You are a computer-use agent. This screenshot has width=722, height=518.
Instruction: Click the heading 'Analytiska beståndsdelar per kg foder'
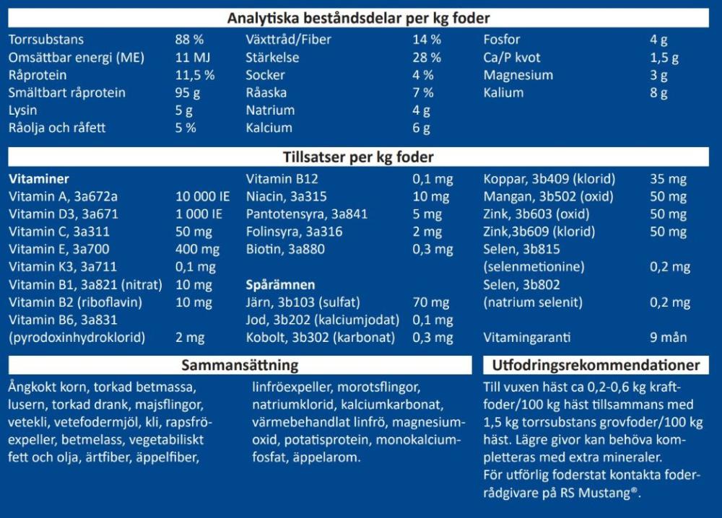[359, 18]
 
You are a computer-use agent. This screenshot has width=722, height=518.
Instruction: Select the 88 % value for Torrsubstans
[190, 40]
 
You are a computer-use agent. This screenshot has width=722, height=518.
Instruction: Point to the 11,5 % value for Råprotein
[195, 75]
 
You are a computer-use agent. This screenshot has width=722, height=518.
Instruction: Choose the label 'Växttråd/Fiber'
[289, 40]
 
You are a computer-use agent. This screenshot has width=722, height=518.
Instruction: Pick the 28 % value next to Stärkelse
[427, 58]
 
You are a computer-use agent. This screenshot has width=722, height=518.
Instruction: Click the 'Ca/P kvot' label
[512, 58]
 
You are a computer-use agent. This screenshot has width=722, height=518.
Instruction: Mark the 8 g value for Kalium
[658, 92]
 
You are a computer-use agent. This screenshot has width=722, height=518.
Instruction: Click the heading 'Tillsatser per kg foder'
[359, 157]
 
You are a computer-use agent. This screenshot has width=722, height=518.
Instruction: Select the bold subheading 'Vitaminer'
[38, 179]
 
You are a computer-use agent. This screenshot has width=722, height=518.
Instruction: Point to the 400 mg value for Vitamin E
[198, 249]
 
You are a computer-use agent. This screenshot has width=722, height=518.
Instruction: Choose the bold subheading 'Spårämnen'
[281, 285]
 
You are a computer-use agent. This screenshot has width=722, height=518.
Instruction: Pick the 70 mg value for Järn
[430, 302]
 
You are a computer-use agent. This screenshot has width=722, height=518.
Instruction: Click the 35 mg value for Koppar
[669, 179]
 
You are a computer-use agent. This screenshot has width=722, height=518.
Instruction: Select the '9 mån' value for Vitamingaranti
[669, 337]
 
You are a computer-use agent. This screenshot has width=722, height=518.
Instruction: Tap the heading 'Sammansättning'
[240, 366]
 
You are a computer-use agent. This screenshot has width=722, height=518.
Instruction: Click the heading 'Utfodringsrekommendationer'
[596, 366]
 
